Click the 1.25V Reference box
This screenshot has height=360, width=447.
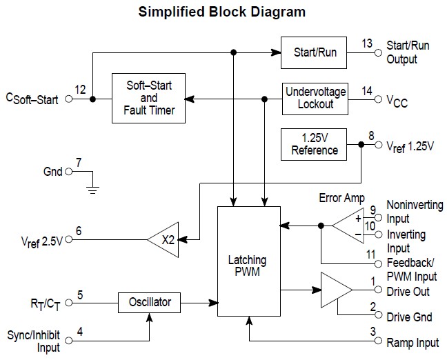[314, 144]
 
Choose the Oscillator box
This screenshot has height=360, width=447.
[150, 302]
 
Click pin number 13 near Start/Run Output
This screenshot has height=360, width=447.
[367, 43]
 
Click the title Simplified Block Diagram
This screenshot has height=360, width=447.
[222, 12]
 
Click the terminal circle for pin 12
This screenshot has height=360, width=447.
[68, 99]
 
